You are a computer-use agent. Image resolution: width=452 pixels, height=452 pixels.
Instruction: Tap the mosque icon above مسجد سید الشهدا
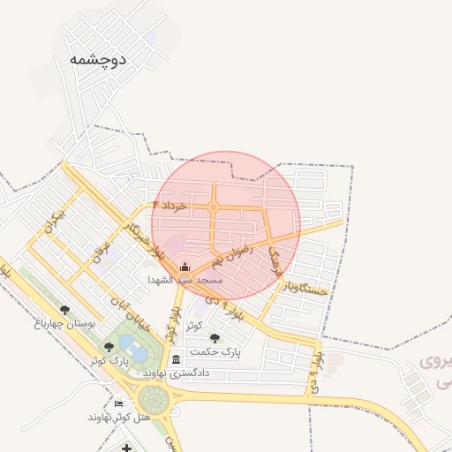pyautogui.click(x=185, y=267)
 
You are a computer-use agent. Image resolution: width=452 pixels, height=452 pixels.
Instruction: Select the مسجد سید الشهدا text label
pyautogui.click(x=185, y=280)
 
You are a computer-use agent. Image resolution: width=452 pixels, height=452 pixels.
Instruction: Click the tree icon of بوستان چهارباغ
pyautogui.click(x=64, y=310)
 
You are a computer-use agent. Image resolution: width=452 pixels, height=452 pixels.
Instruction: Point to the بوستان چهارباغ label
pyautogui.click(x=64, y=324)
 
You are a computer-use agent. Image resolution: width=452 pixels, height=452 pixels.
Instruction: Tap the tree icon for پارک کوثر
pyautogui.click(x=109, y=348)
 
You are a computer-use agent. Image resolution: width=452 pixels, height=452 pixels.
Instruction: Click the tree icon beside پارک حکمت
pyautogui.click(x=215, y=338)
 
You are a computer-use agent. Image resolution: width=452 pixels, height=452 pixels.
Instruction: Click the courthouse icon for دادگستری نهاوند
pyautogui.click(x=177, y=359)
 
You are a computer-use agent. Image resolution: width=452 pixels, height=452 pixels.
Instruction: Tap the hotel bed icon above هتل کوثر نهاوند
pyautogui.click(x=119, y=403)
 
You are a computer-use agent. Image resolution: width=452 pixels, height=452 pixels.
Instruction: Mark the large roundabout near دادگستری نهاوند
pyautogui.click(x=153, y=399)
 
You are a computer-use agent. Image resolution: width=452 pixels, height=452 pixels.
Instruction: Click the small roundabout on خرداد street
pyautogui.click(x=214, y=207)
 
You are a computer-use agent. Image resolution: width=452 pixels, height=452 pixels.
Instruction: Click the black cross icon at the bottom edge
pyautogui.click(x=127, y=448)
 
